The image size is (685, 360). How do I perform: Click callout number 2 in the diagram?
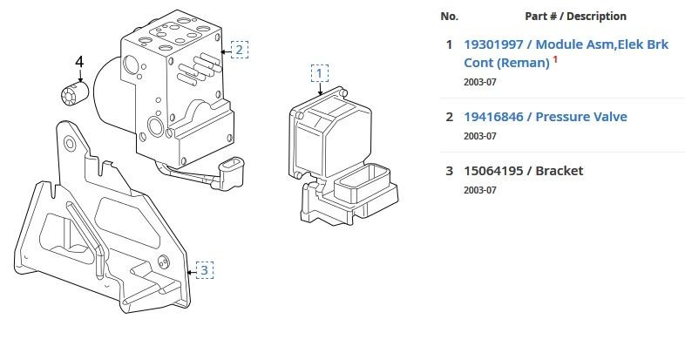click(x=239, y=49)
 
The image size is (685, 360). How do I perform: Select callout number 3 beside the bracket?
click(x=204, y=269)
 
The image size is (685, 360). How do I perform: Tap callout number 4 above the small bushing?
click(x=79, y=62)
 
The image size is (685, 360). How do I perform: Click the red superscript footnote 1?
click(x=554, y=58)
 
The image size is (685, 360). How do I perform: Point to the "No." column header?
click(x=449, y=17)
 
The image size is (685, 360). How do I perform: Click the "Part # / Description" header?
click(x=575, y=17)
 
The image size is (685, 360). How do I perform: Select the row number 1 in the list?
click(x=449, y=44)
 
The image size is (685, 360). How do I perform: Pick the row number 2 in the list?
click(x=449, y=117)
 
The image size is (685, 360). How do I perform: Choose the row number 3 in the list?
click(x=449, y=170)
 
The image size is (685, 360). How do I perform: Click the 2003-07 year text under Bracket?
click(x=478, y=189)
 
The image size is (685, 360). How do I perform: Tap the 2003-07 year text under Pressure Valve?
click(x=478, y=136)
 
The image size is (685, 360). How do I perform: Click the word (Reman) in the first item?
click(x=523, y=63)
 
